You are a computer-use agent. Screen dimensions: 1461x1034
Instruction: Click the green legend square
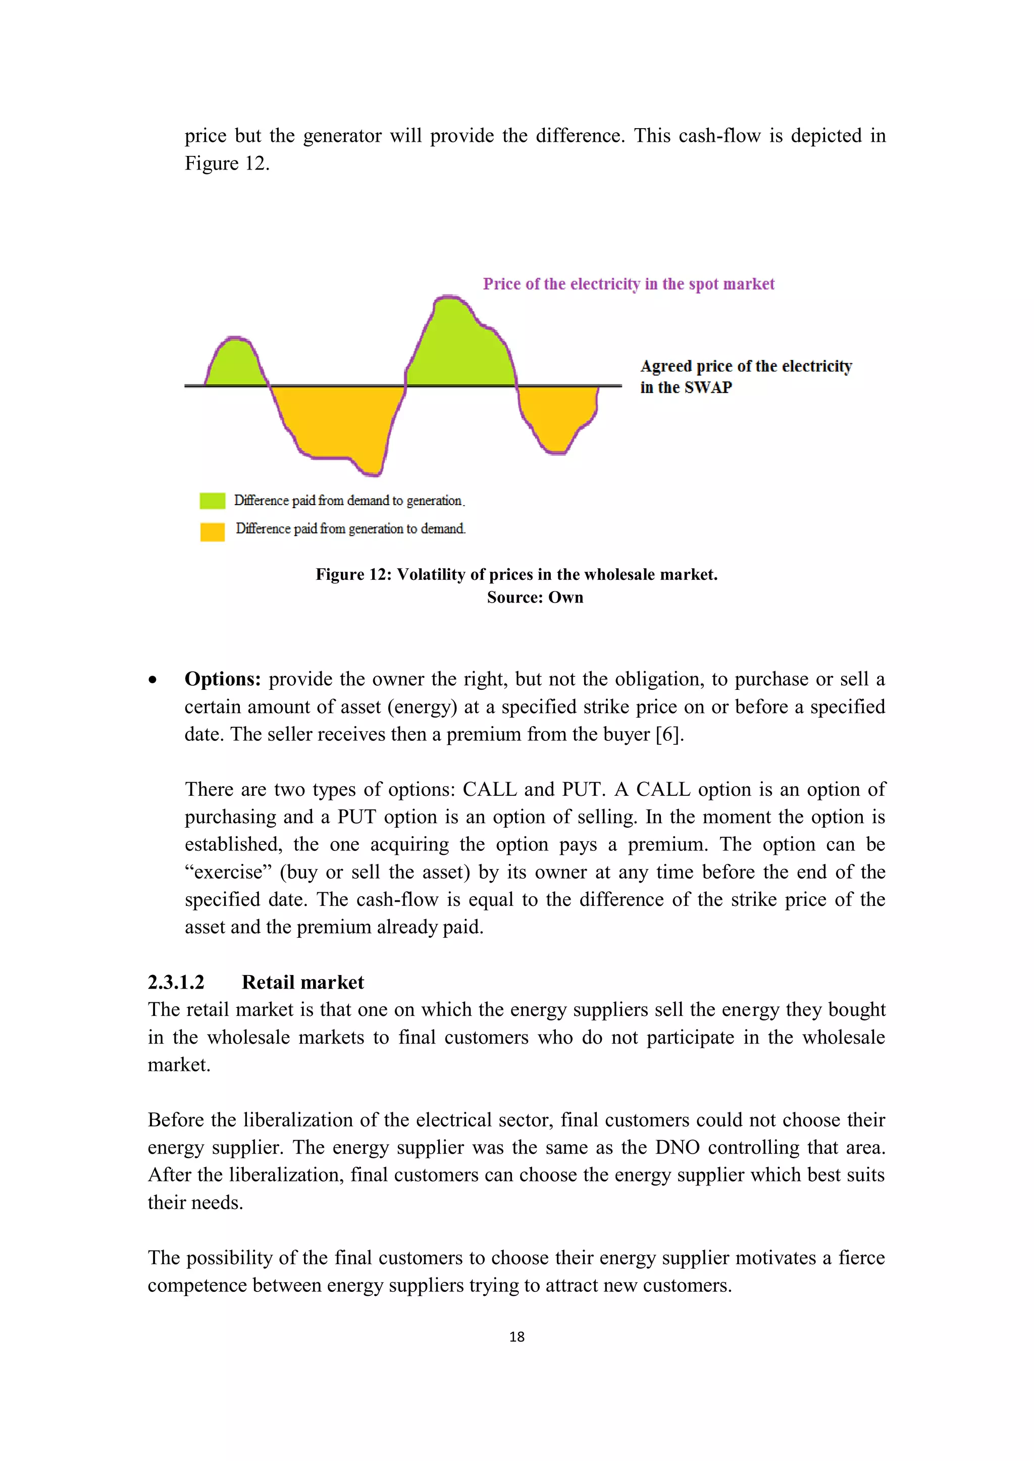pyautogui.click(x=212, y=501)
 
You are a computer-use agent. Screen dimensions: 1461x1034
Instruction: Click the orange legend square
pyautogui.click(x=212, y=531)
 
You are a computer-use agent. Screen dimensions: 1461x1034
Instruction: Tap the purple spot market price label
pyautogui.click(x=629, y=284)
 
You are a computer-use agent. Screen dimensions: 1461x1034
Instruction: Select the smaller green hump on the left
pyautogui.click(x=235, y=364)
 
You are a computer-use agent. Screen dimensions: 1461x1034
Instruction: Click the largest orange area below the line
pyautogui.click(x=337, y=420)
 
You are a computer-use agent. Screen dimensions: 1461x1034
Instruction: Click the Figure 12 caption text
pyautogui.click(x=516, y=575)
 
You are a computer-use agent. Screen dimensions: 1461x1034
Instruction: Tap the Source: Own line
pyautogui.click(x=535, y=598)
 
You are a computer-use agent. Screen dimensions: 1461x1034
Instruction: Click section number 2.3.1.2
pyautogui.click(x=176, y=982)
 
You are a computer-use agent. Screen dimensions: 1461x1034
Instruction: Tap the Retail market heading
pyautogui.click(x=302, y=982)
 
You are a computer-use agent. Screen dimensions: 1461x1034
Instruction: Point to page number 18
pyautogui.click(x=517, y=1337)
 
